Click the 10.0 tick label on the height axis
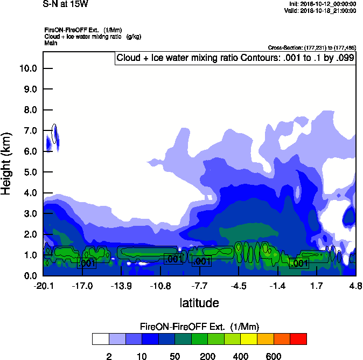click(x=27, y=68)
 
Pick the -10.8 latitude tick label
click(x=160, y=286)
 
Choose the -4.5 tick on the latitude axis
click(x=239, y=286)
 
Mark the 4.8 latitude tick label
click(x=355, y=286)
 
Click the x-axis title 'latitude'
click(x=199, y=303)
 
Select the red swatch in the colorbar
click(x=298, y=339)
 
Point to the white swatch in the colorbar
click(x=100, y=339)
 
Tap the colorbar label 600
click(x=273, y=356)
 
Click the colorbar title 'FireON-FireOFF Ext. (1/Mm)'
click(x=200, y=327)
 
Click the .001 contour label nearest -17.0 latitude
click(x=87, y=263)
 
